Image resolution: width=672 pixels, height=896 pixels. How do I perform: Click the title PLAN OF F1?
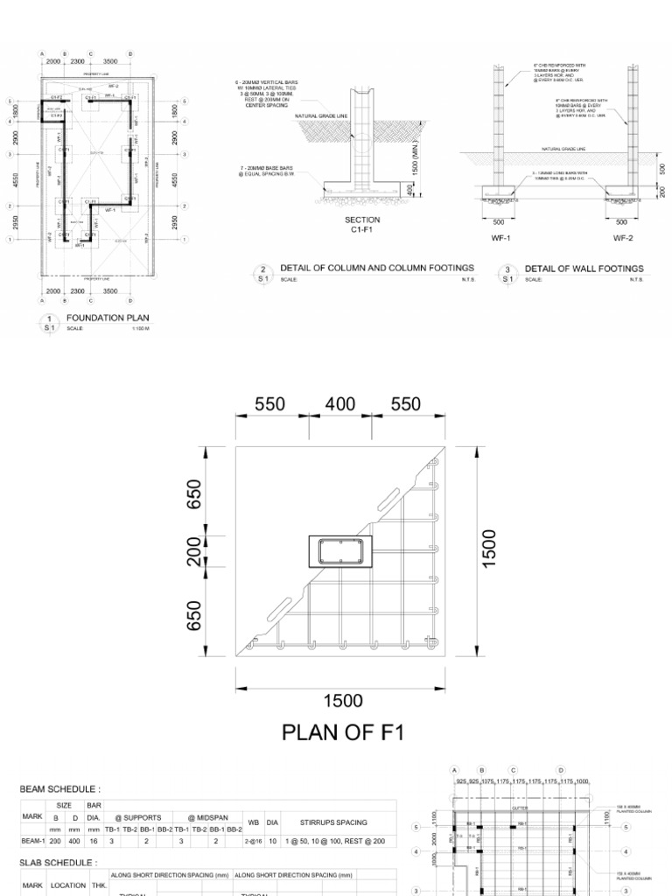coord(343,731)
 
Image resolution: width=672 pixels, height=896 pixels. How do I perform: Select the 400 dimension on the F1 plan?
coord(340,404)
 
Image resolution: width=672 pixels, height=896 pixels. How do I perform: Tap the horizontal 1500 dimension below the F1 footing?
coord(342,700)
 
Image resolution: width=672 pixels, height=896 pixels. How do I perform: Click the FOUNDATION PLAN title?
coord(108,318)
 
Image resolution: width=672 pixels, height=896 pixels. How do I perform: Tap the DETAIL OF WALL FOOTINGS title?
coord(584,269)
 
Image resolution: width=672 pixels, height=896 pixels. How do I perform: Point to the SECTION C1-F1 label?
coord(362,225)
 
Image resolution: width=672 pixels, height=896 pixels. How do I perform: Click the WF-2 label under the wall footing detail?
coord(622,237)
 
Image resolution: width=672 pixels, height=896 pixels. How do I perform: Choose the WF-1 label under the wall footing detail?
coord(499,237)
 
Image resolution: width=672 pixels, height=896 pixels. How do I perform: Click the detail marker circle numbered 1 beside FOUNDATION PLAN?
coord(50,321)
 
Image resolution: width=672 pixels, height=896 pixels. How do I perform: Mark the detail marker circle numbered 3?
coord(507,272)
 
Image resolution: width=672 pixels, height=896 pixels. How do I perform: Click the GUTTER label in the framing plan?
coord(520,808)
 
